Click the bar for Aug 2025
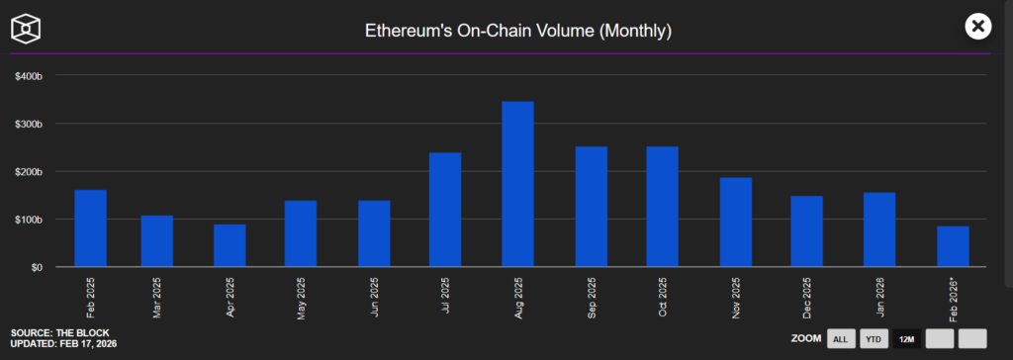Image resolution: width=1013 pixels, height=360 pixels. pyautogui.click(x=517, y=184)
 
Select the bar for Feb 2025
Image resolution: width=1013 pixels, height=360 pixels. pyautogui.click(x=91, y=228)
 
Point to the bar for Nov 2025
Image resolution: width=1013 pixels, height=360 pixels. pyautogui.click(x=735, y=223)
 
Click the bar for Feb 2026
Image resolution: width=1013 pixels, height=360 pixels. pyautogui.click(x=952, y=246)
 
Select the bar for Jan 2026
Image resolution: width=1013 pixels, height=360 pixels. pyautogui.click(x=879, y=229)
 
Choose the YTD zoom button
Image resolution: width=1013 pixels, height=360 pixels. pyautogui.click(x=874, y=339)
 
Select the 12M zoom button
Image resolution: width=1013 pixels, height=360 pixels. pyautogui.click(x=906, y=339)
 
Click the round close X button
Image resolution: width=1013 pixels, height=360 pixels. pyautogui.click(x=978, y=27)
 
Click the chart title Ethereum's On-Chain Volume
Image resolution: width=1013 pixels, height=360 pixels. pyautogui.click(x=506, y=31)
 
